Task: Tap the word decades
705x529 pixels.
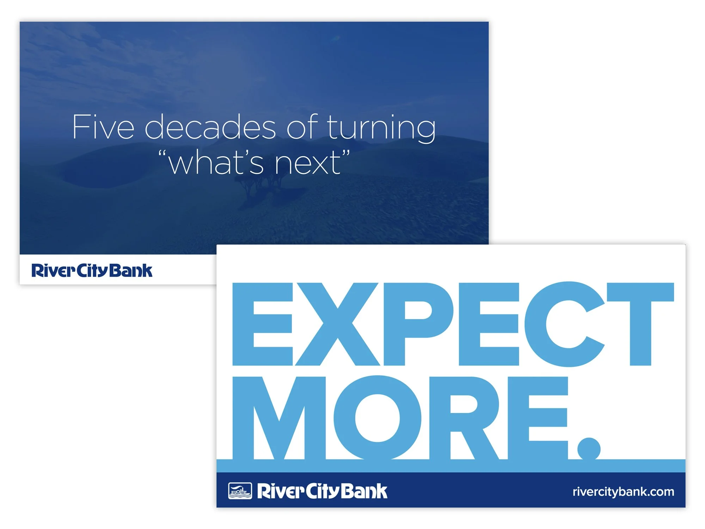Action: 210,127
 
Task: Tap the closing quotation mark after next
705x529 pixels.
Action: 346,154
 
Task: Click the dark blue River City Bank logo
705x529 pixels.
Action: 92,270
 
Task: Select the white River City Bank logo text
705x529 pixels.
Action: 322,491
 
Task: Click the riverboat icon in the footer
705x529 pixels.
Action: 240,491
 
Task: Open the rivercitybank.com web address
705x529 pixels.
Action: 623,492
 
